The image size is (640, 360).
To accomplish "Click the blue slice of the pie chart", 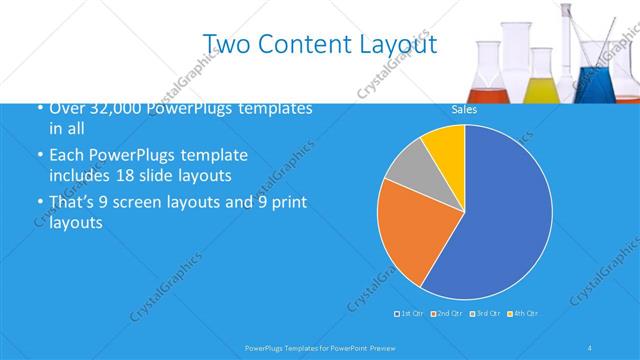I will [x=500, y=220].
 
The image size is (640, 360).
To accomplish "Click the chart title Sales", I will [x=464, y=109].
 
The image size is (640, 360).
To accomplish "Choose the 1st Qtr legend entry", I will [x=410, y=314].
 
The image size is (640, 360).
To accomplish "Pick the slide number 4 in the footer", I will [x=589, y=347].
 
